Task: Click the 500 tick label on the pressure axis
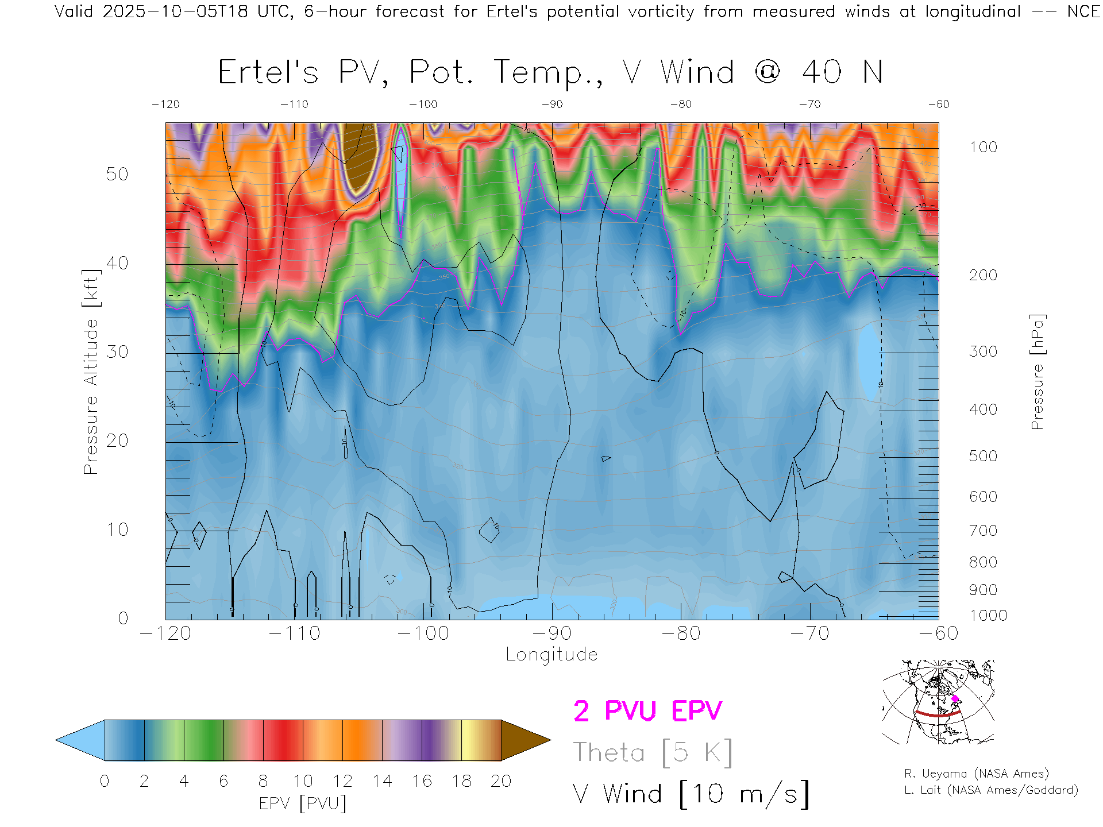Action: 983,456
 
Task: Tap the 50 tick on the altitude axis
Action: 117,174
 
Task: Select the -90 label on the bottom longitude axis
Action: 552,633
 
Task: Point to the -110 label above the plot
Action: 294,104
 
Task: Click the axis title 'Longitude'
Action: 551,655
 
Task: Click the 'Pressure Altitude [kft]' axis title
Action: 91,372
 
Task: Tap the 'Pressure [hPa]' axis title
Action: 1037,372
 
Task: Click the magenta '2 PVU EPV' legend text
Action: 647,711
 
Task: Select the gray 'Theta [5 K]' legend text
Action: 653,752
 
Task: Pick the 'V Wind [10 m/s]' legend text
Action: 691,794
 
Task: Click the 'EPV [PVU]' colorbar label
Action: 303,803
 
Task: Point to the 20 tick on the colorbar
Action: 501,781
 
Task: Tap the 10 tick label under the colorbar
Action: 303,781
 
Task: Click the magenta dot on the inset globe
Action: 955,699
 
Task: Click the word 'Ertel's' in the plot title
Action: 268,73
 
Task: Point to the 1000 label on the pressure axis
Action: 988,616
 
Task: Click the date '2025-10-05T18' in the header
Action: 175,11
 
